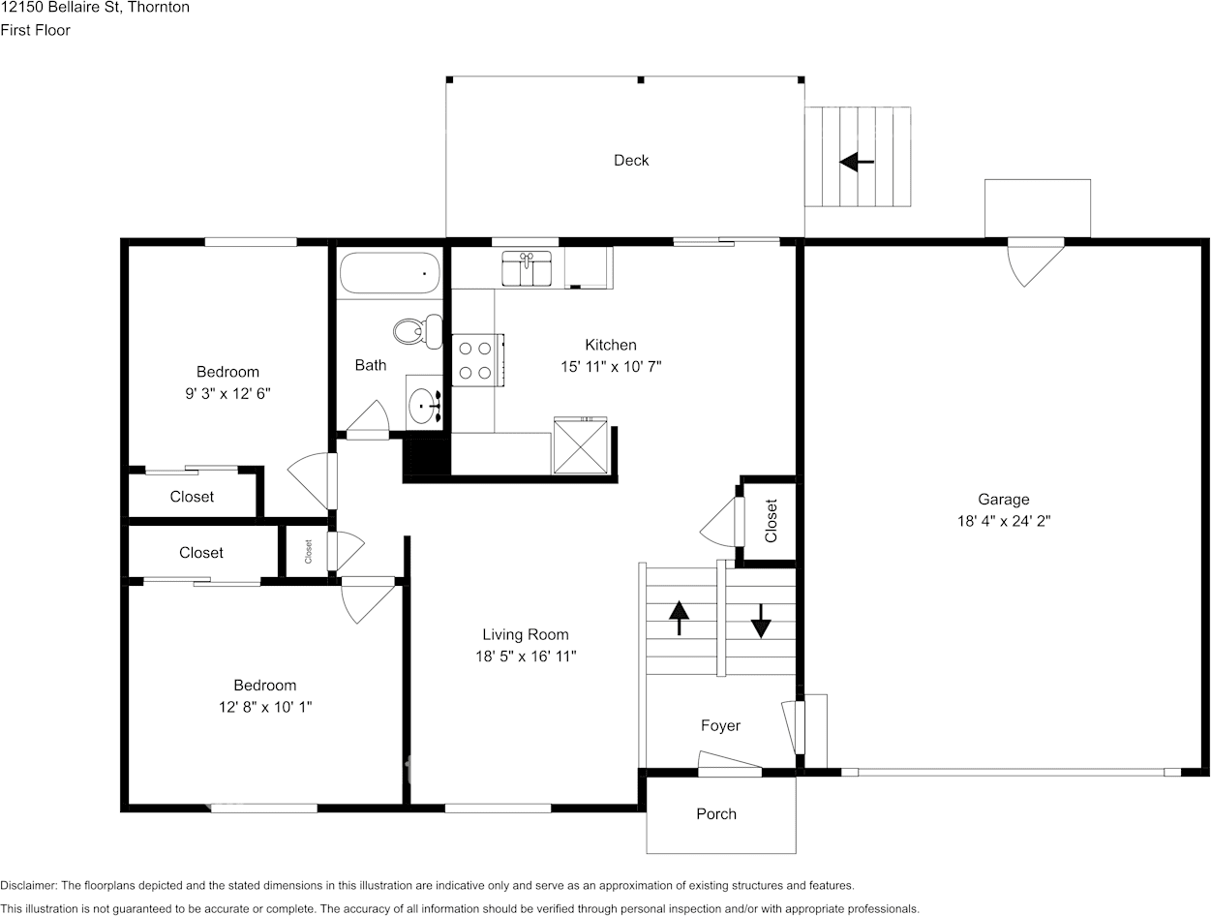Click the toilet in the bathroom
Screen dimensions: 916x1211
tap(417, 332)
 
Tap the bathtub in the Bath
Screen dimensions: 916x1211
tap(390, 273)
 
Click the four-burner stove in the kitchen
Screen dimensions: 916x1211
tap(476, 359)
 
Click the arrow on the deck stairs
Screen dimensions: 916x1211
tap(857, 162)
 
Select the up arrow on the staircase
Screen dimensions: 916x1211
tap(679, 618)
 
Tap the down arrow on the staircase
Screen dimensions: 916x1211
tap(761, 621)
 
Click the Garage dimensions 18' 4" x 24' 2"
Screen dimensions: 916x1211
tap(1002, 521)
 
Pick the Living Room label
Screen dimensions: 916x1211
tap(526, 635)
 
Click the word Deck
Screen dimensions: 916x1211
tap(631, 161)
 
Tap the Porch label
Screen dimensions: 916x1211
tap(716, 814)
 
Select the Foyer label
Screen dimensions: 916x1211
tap(720, 726)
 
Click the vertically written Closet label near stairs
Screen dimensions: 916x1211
tap(772, 520)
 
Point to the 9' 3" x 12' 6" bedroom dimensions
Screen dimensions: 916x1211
tap(227, 394)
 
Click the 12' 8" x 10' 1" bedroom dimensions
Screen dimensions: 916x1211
tap(265, 708)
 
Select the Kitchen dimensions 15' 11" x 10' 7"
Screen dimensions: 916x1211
tap(611, 367)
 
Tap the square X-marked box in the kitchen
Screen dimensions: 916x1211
tap(580, 446)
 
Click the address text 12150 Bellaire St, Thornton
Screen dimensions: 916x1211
tap(95, 8)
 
